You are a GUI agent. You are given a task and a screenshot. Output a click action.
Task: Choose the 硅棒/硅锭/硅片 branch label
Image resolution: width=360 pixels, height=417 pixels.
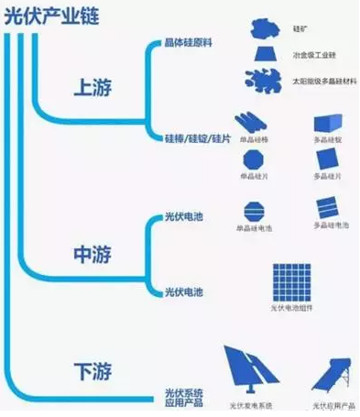coord(191,137)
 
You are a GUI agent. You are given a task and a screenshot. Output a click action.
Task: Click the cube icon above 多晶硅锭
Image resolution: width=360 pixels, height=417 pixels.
coord(327,123)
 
